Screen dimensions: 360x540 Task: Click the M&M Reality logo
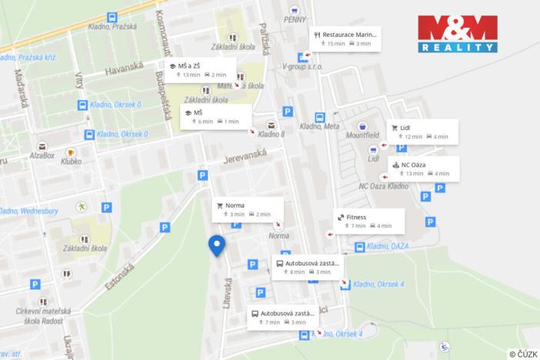(x=458, y=34)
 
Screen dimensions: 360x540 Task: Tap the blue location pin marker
(x=217, y=246)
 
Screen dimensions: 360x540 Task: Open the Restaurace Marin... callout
(x=347, y=38)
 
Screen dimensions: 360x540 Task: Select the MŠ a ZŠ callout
(x=198, y=70)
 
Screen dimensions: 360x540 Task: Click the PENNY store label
(x=295, y=19)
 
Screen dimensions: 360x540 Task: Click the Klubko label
(x=71, y=162)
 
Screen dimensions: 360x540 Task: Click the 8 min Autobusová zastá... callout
(x=307, y=267)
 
